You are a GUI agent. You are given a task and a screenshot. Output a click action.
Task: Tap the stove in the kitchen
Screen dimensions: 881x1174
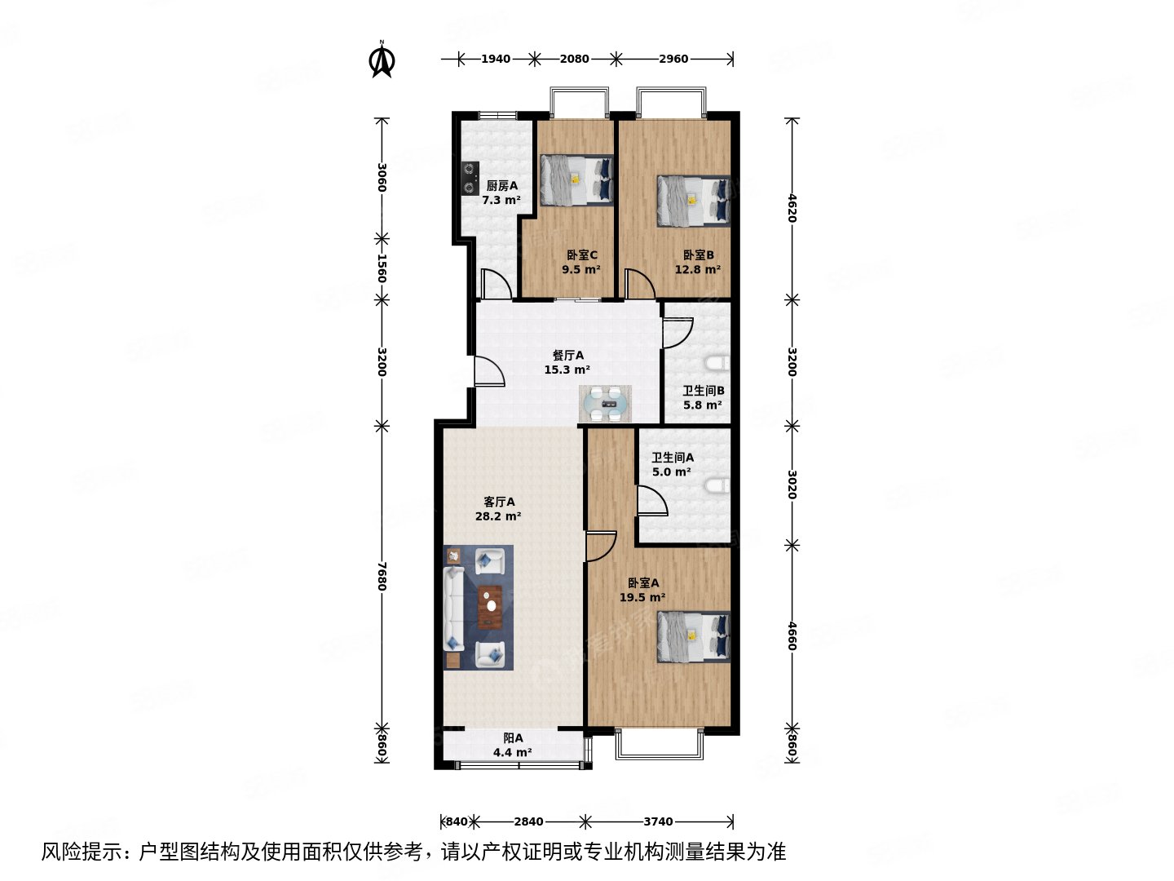pyautogui.click(x=470, y=179)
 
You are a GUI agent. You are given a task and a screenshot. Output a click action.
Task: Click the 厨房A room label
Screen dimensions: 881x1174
pyautogui.click(x=501, y=186)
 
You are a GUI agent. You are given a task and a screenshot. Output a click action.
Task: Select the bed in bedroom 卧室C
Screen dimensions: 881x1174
pyautogui.click(x=576, y=180)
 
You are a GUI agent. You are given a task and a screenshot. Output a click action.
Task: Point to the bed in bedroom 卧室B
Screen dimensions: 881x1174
pyautogui.click(x=693, y=201)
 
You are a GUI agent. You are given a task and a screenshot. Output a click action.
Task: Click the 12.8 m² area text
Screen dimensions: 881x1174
pyautogui.click(x=697, y=270)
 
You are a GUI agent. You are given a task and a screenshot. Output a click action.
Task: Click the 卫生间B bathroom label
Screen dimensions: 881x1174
pyautogui.click(x=703, y=391)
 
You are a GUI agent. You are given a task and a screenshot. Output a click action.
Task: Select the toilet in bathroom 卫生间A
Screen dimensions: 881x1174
pyautogui.click(x=717, y=487)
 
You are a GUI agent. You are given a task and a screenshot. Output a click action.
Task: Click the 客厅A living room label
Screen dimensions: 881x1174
pyautogui.click(x=499, y=502)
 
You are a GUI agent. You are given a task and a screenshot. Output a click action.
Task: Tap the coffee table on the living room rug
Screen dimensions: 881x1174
pyautogui.click(x=489, y=607)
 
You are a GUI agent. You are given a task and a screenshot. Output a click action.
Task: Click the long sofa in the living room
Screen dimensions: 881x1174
pyautogui.click(x=453, y=608)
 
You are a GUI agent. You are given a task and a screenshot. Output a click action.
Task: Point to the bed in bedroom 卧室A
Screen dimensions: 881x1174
pyautogui.click(x=693, y=636)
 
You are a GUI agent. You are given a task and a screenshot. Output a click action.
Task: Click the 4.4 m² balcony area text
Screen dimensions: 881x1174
pyautogui.click(x=512, y=753)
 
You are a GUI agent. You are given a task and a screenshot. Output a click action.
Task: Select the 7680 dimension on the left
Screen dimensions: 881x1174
pyautogui.click(x=382, y=576)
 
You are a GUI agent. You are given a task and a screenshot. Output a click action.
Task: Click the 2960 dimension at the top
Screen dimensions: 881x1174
pyautogui.click(x=673, y=59)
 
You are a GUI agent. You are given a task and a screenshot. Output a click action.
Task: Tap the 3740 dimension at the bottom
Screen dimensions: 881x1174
pyautogui.click(x=658, y=821)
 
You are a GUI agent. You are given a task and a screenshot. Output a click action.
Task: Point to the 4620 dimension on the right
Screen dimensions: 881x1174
pyautogui.click(x=792, y=208)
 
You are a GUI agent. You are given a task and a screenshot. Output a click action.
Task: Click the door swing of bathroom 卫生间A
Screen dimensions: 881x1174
pyautogui.click(x=652, y=501)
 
